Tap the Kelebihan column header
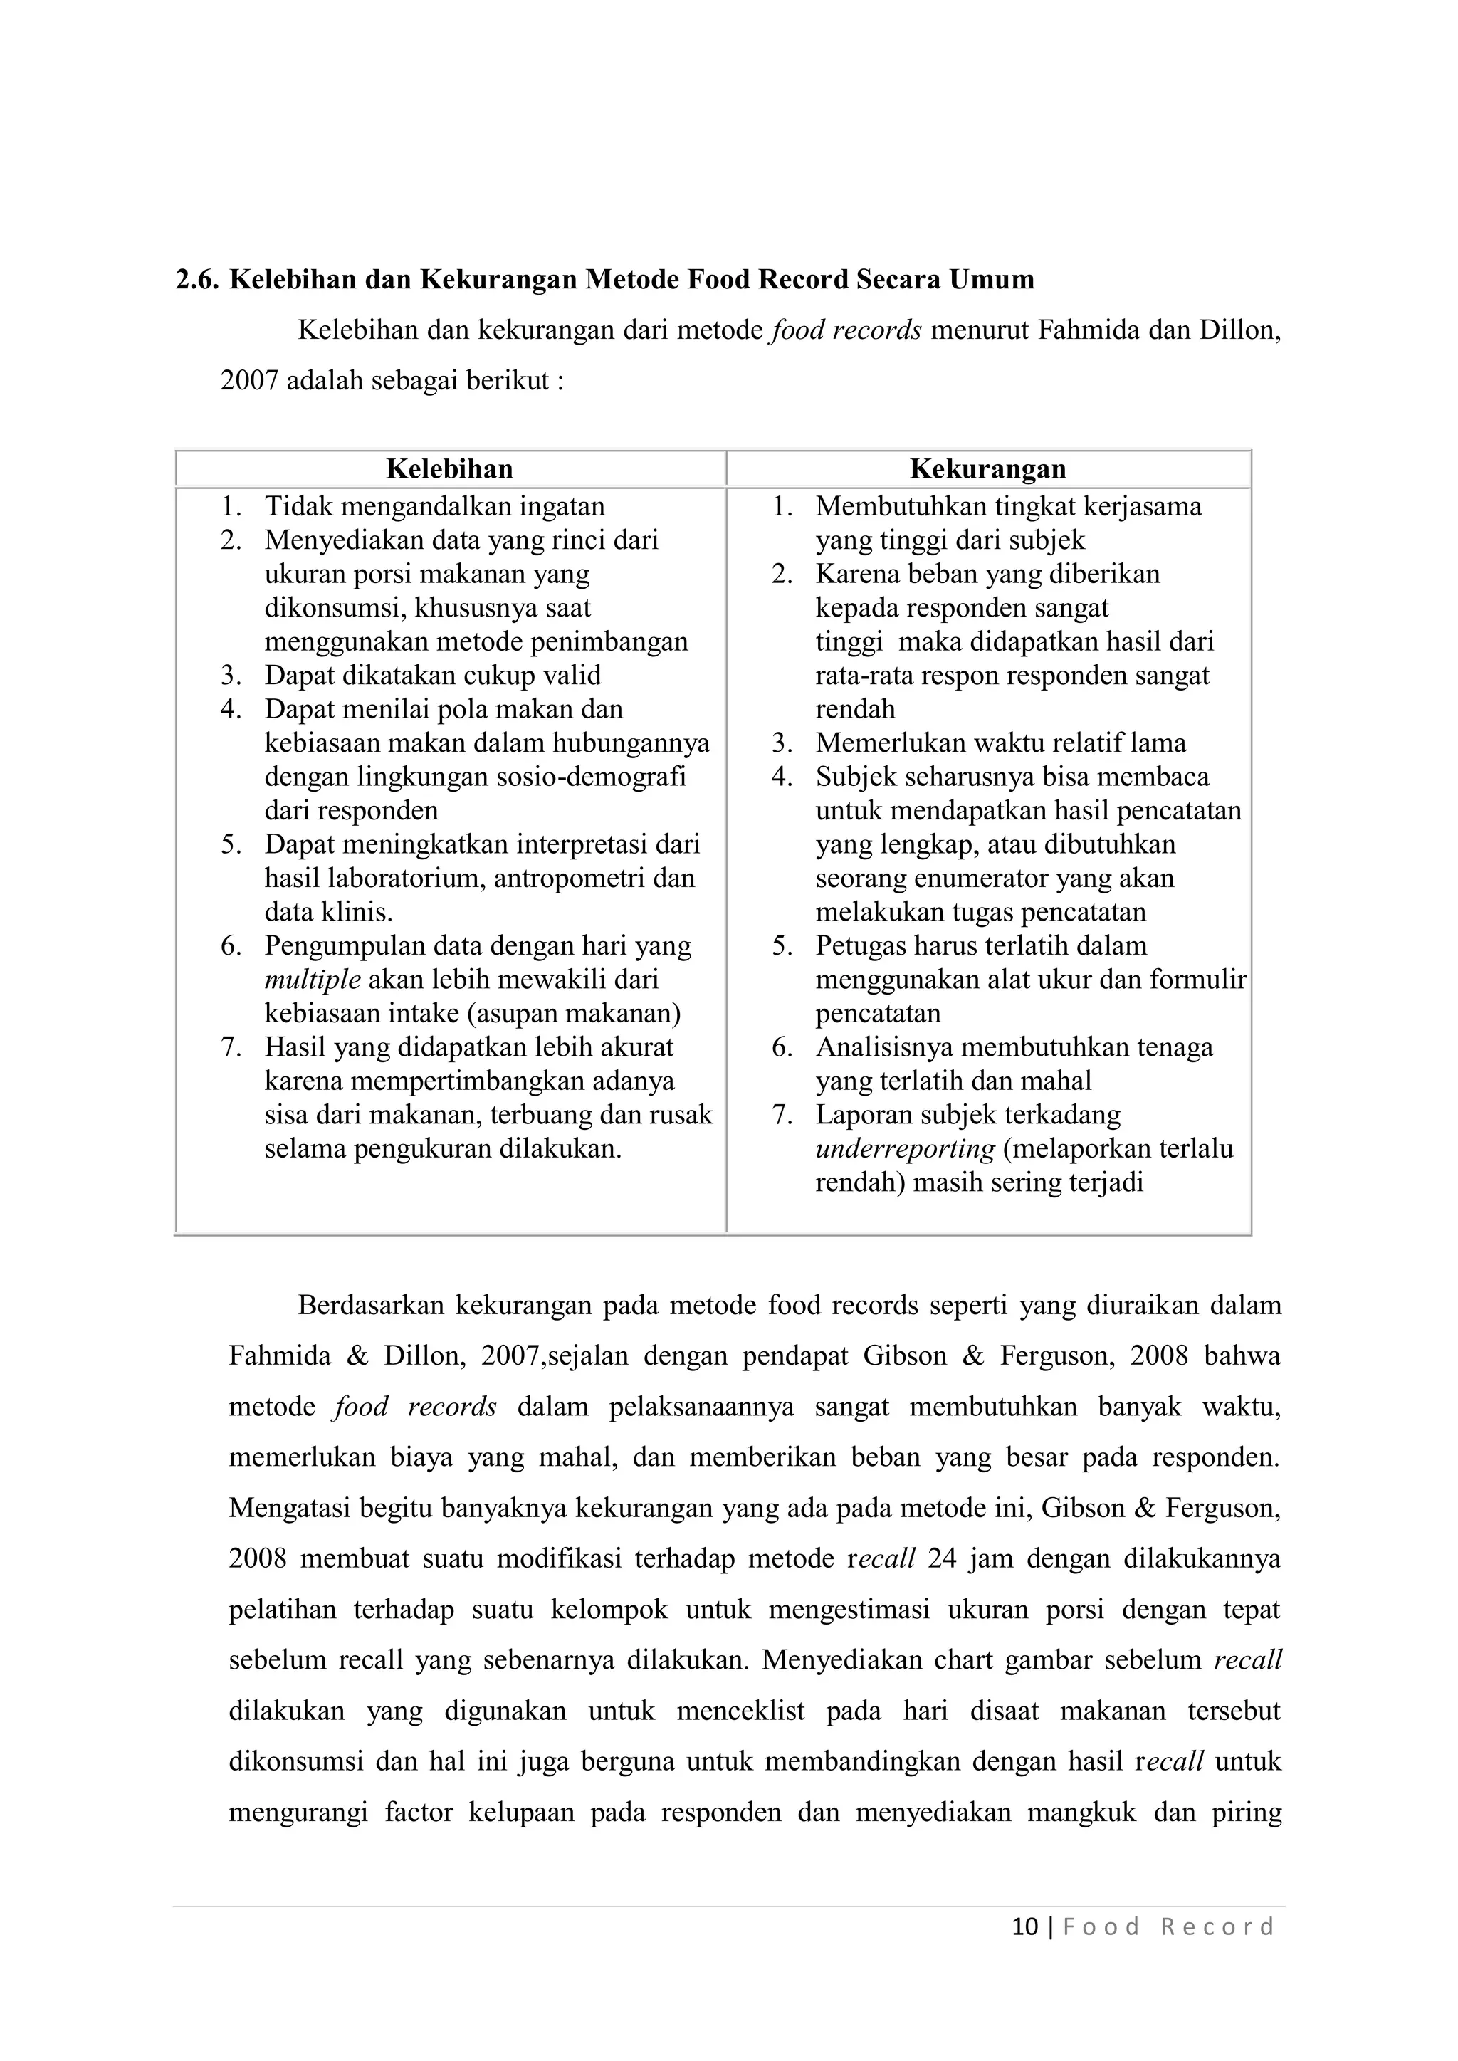(x=449, y=469)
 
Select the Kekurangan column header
(x=987, y=469)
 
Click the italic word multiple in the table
(x=313, y=980)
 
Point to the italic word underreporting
(x=905, y=1149)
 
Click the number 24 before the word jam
(x=942, y=1558)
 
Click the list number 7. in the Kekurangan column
(x=782, y=1115)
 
